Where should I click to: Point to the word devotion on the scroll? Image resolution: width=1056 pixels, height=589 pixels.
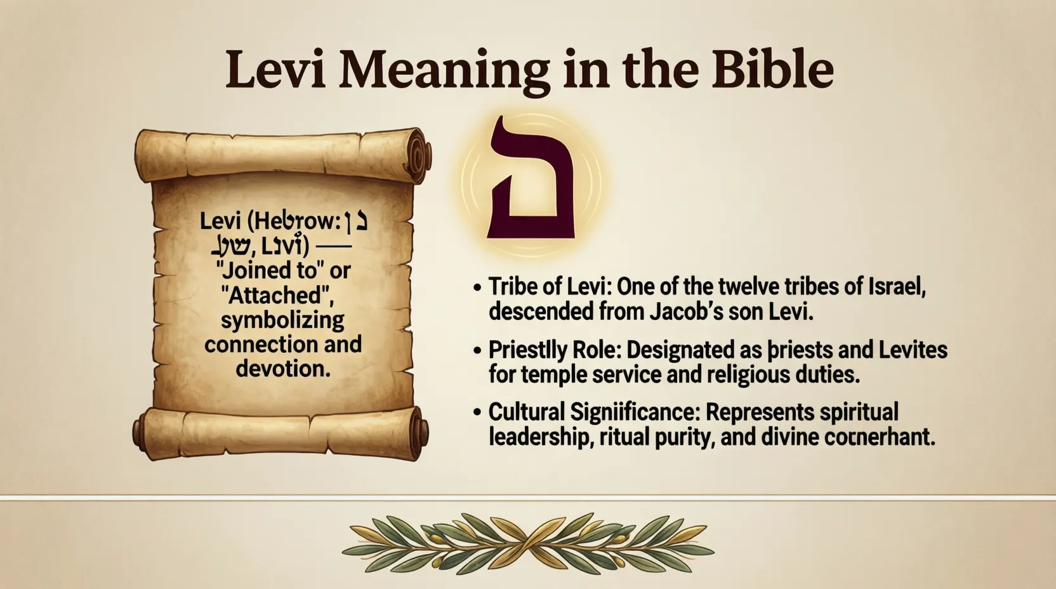pos(282,368)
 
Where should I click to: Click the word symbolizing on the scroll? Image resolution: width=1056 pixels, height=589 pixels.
pos(282,319)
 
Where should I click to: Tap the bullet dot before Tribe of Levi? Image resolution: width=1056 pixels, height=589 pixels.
pos(477,287)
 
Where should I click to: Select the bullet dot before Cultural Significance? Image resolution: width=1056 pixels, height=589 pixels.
pos(477,413)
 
